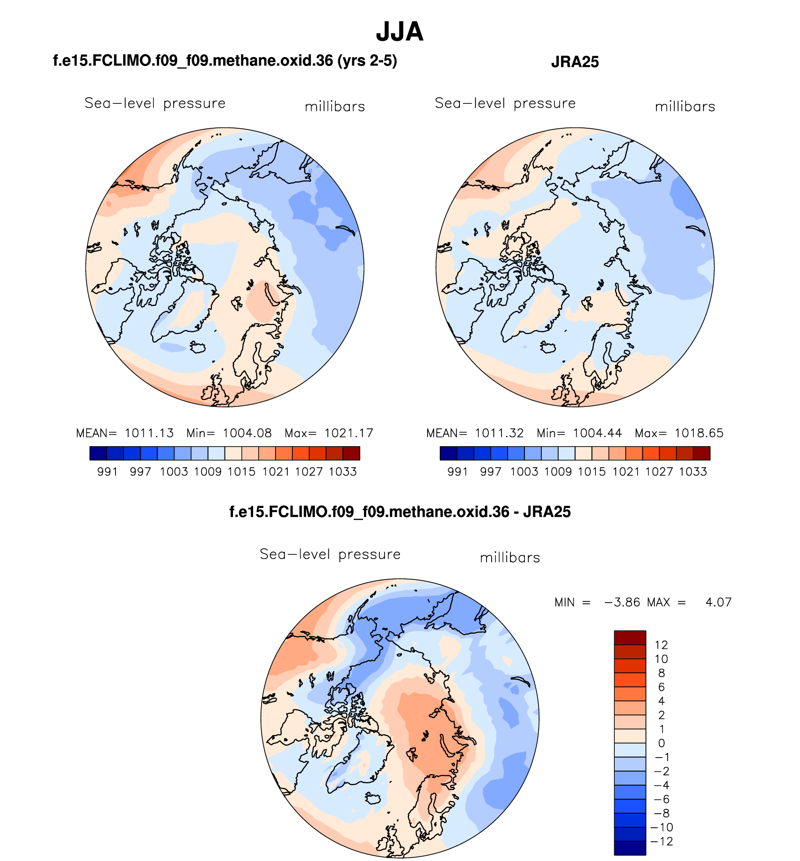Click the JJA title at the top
click(x=400, y=32)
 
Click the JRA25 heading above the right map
click(x=575, y=62)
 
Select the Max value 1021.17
click(x=349, y=433)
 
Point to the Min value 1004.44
click(x=597, y=433)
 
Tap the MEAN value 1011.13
click(x=149, y=433)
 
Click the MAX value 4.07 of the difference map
click(x=718, y=602)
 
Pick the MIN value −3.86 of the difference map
click(x=622, y=602)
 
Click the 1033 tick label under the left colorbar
click(x=343, y=471)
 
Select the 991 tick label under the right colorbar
click(x=458, y=471)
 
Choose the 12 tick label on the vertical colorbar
click(x=661, y=645)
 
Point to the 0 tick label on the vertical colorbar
click(x=662, y=743)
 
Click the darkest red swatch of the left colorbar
click(x=351, y=453)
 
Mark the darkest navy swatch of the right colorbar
click(x=448, y=453)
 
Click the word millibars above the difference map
click(x=510, y=558)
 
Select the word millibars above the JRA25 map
click(x=685, y=107)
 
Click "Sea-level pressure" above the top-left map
click(x=155, y=103)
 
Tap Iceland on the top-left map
click(x=198, y=347)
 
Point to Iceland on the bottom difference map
click(x=374, y=798)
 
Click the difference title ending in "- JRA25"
click(x=400, y=512)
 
